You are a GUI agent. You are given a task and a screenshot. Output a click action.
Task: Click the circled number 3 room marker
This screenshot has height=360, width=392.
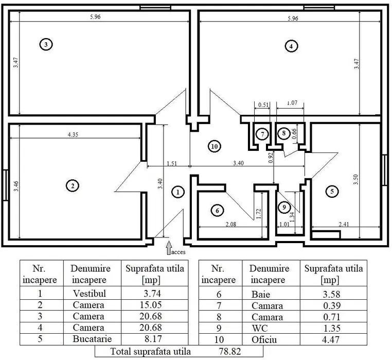click(x=46, y=45)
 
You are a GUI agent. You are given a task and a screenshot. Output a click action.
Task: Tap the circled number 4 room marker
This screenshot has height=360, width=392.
click(x=291, y=46)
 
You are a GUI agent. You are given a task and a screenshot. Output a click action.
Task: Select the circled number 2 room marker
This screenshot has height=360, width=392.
click(x=73, y=185)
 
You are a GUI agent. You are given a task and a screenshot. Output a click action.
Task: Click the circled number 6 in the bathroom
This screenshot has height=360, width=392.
click(x=217, y=210)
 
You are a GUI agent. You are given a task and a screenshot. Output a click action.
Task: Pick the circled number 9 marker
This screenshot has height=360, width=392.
click(x=283, y=207)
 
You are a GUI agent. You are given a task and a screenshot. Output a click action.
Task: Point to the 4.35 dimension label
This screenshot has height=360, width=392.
click(x=74, y=135)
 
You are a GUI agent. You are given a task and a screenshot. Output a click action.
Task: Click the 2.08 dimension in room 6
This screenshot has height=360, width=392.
click(x=231, y=225)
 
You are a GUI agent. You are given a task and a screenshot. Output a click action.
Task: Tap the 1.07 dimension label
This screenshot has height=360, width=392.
click(x=290, y=103)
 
